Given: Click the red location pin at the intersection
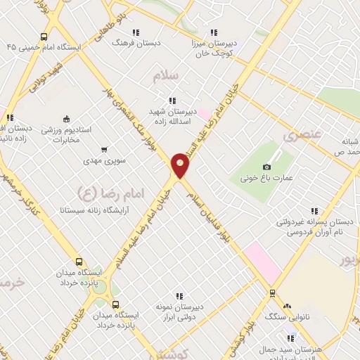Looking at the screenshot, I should click(x=181, y=165).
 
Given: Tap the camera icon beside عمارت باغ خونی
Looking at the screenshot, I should click(x=266, y=167).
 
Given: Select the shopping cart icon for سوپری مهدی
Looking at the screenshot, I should click(x=105, y=149).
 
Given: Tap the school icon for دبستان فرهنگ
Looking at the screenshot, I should click(x=135, y=32).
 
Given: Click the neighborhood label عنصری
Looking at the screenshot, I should click(x=300, y=133).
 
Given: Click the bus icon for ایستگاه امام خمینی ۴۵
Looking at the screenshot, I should click(x=44, y=37).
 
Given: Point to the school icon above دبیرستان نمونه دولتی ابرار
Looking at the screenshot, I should click(x=180, y=296).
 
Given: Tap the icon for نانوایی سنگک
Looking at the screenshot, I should click(x=286, y=306).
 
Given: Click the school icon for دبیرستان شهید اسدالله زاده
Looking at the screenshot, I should click(x=172, y=101).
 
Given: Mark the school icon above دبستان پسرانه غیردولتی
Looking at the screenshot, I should click(x=314, y=210).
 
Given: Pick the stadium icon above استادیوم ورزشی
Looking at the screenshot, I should click(x=67, y=118).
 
